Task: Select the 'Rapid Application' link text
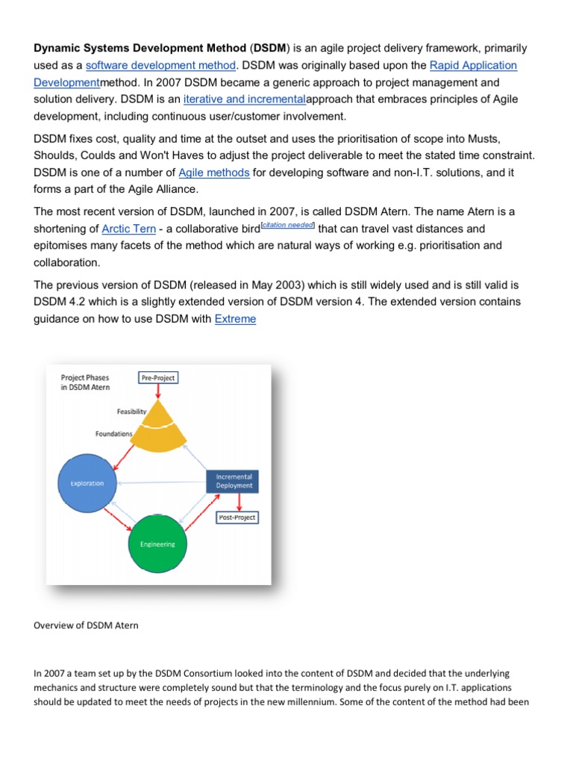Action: coord(473,66)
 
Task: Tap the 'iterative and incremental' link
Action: coord(245,100)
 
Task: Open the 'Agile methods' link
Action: coord(214,173)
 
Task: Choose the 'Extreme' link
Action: coord(235,319)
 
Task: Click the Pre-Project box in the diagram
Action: coord(158,378)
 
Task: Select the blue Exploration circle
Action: coord(87,483)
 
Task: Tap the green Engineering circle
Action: coord(157,544)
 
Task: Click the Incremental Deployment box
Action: coord(234,480)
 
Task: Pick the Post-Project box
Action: coord(237,517)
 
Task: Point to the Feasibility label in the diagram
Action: coord(132,412)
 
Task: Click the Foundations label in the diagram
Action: coord(114,433)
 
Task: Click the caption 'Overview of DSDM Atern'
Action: coord(86,625)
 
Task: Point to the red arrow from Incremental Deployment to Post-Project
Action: coord(237,502)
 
